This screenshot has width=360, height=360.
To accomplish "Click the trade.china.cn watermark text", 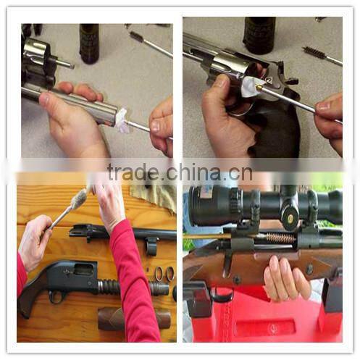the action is [x=180, y=172].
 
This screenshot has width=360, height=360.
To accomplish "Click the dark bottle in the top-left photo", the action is [x=89, y=43].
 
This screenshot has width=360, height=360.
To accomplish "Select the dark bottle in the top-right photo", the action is [x=259, y=35].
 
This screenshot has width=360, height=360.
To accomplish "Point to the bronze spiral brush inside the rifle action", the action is [x=280, y=238].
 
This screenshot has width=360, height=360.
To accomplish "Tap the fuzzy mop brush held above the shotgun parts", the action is [x=80, y=199].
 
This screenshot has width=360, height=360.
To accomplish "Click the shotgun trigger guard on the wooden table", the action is [x=57, y=297].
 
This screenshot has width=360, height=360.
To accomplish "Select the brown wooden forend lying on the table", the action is [x=134, y=318].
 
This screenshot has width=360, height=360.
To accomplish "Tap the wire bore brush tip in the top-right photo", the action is [x=314, y=52].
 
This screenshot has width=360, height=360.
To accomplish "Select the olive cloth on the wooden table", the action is [x=154, y=196].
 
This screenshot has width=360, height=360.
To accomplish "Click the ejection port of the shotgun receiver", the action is [x=83, y=269].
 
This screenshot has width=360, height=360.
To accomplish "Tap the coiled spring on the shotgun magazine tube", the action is [x=109, y=287].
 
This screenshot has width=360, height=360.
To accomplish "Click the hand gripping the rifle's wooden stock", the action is [x=287, y=277].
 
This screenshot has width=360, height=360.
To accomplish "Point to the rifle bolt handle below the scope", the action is [x=227, y=267].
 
